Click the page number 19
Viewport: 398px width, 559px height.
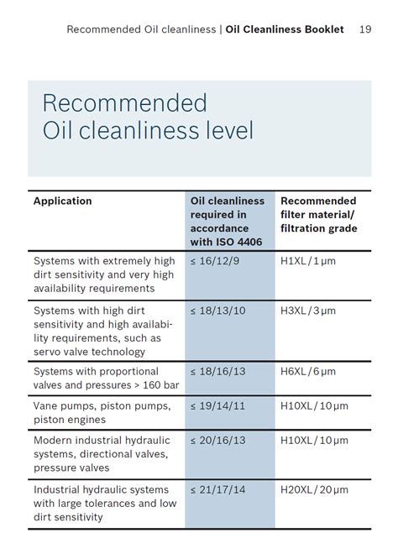tap(365, 29)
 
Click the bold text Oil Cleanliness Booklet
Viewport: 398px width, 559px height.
tap(285, 29)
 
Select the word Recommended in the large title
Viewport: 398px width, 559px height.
tap(124, 103)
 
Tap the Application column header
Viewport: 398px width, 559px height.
tap(63, 201)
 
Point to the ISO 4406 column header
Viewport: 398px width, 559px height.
tap(228, 222)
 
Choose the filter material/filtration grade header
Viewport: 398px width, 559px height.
tap(318, 215)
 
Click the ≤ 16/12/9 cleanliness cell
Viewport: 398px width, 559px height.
tap(217, 262)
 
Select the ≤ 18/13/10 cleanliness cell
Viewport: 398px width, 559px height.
tap(219, 311)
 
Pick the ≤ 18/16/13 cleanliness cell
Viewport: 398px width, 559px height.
tap(219, 372)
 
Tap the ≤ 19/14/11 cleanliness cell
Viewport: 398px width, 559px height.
tap(219, 406)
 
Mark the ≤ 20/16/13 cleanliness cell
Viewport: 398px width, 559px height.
tap(219, 441)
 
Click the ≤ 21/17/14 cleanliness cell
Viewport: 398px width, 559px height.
tap(219, 490)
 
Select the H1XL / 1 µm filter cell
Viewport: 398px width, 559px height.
tap(308, 262)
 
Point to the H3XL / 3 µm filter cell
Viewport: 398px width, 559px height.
tap(308, 311)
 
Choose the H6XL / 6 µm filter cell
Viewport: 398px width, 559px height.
tap(308, 372)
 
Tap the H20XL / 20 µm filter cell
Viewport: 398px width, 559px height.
tap(314, 490)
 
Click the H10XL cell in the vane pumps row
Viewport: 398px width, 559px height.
tap(314, 406)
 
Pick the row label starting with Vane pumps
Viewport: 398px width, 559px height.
tap(102, 413)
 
